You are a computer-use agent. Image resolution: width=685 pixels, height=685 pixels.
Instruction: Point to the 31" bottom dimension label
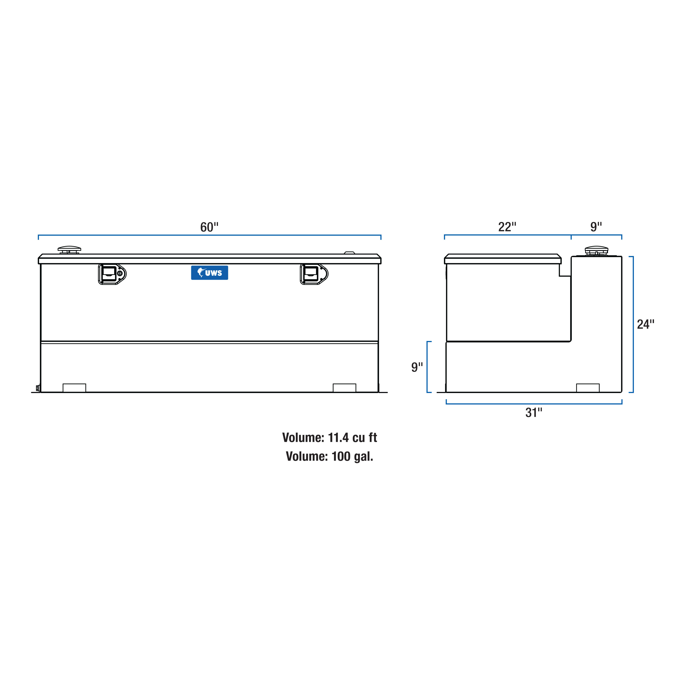click(x=534, y=413)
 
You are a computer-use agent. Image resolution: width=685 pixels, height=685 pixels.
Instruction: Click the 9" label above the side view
click(x=596, y=227)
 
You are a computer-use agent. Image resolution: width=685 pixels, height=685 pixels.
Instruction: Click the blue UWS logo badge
click(x=210, y=273)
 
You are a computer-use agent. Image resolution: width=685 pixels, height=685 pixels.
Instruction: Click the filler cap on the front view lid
click(x=69, y=250)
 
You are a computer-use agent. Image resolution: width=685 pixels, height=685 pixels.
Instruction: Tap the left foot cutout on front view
click(x=74, y=388)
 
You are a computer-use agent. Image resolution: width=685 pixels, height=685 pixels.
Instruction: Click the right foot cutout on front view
click(x=344, y=388)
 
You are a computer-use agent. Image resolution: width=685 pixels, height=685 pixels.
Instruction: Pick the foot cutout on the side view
click(x=588, y=388)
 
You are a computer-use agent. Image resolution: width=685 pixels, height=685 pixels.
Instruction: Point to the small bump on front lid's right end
click(x=350, y=253)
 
